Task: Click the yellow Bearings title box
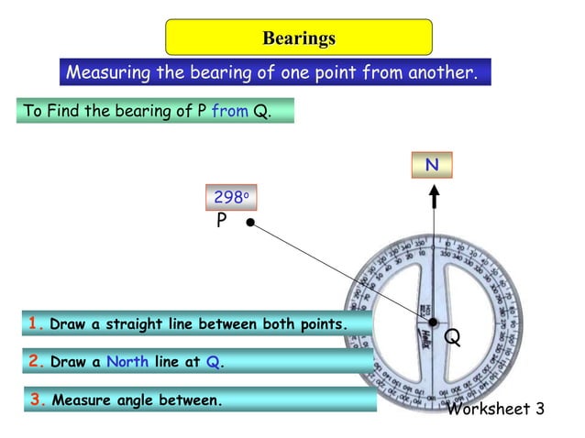(x=298, y=38)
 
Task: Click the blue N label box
(x=432, y=166)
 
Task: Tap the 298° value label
(x=229, y=197)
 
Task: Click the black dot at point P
(x=250, y=222)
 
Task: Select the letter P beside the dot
(x=222, y=221)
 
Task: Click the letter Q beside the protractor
(x=452, y=337)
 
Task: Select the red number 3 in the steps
(x=38, y=400)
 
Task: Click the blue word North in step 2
(x=127, y=362)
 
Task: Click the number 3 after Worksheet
(x=539, y=409)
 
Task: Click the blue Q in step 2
(x=212, y=362)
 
